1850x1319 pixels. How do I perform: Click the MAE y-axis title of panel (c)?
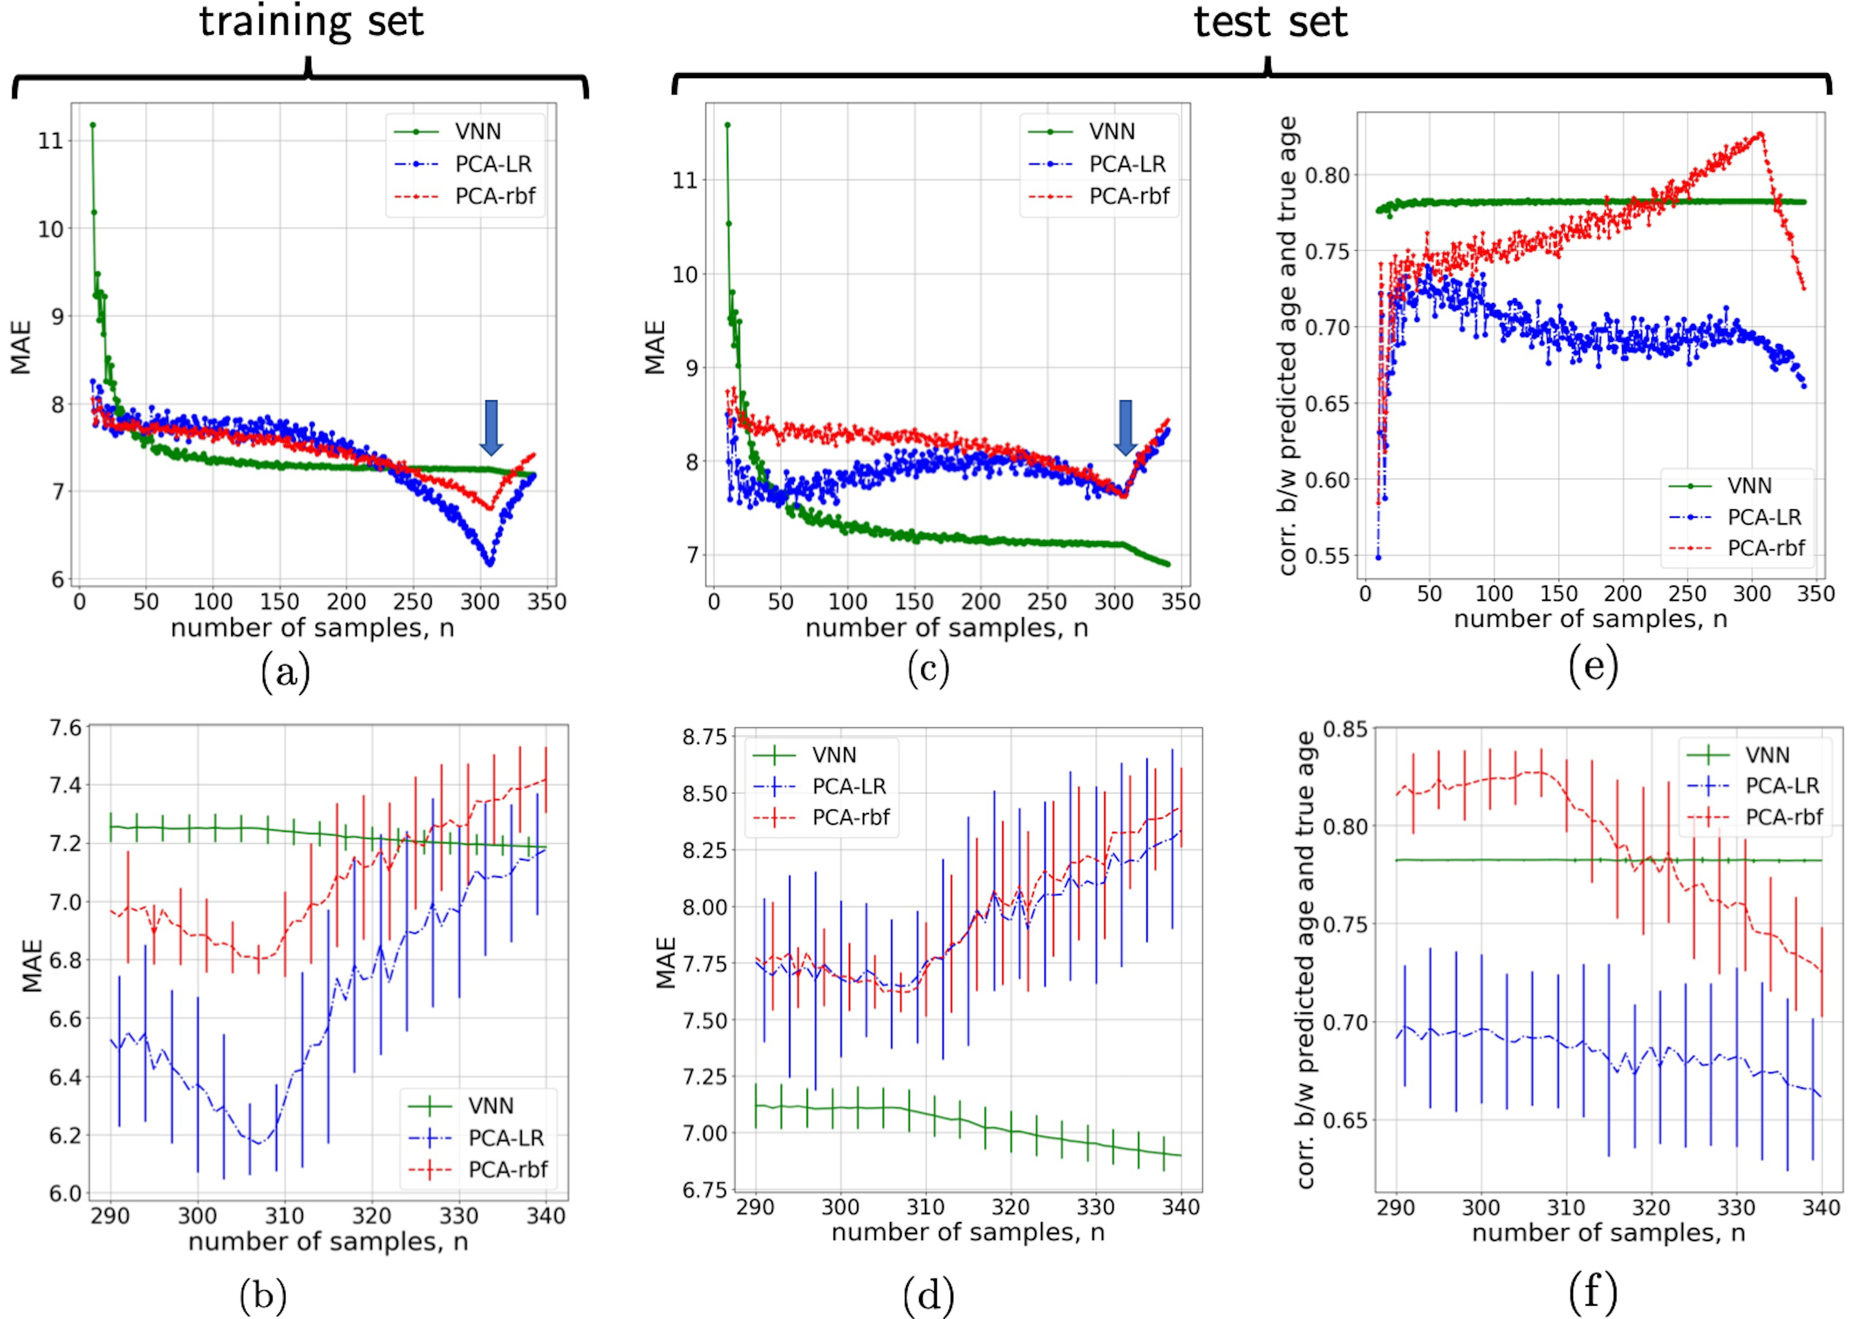(x=654, y=348)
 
